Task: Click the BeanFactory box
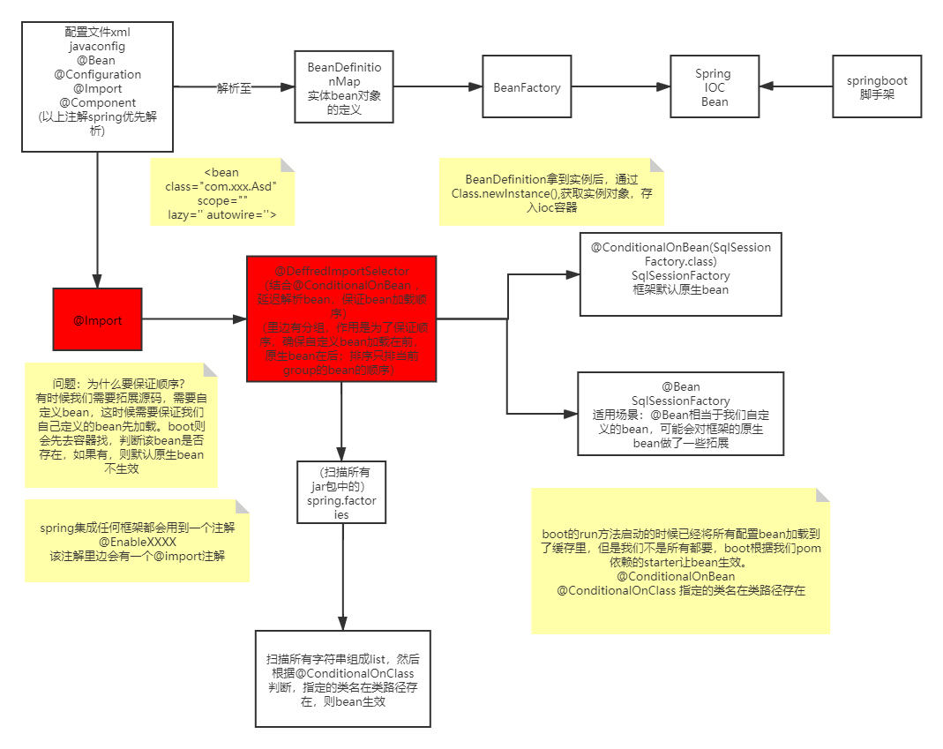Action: click(x=527, y=87)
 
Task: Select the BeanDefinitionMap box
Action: click(x=344, y=87)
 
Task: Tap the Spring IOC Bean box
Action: click(x=714, y=87)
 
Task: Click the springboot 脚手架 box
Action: click(x=877, y=86)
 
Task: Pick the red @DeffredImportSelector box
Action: click(x=341, y=319)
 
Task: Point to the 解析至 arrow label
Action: click(x=233, y=87)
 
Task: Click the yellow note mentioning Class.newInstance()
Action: click(x=551, y=191)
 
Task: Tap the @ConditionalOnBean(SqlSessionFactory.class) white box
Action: click(x=680, y=273)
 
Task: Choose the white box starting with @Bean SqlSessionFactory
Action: click(x=680, y=414)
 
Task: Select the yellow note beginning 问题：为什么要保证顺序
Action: click(x=120, y=425)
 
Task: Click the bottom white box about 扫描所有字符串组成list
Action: click(x=342, y=678)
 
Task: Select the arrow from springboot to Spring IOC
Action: click(x=796, y=86)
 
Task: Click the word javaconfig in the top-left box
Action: click(x=97, y=47)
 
